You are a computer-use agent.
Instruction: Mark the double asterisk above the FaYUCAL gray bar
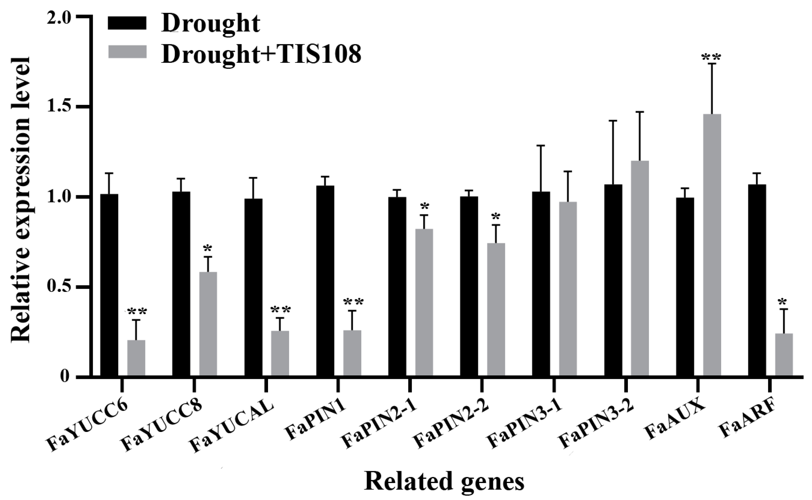[x=280, y=310]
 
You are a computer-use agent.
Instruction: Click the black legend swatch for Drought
[x=128, y=24]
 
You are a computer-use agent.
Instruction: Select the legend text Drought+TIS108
[x=261, y=54]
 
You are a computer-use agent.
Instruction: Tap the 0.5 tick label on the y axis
[x=59, y=287]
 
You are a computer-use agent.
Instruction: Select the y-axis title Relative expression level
[x=20, y=200]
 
